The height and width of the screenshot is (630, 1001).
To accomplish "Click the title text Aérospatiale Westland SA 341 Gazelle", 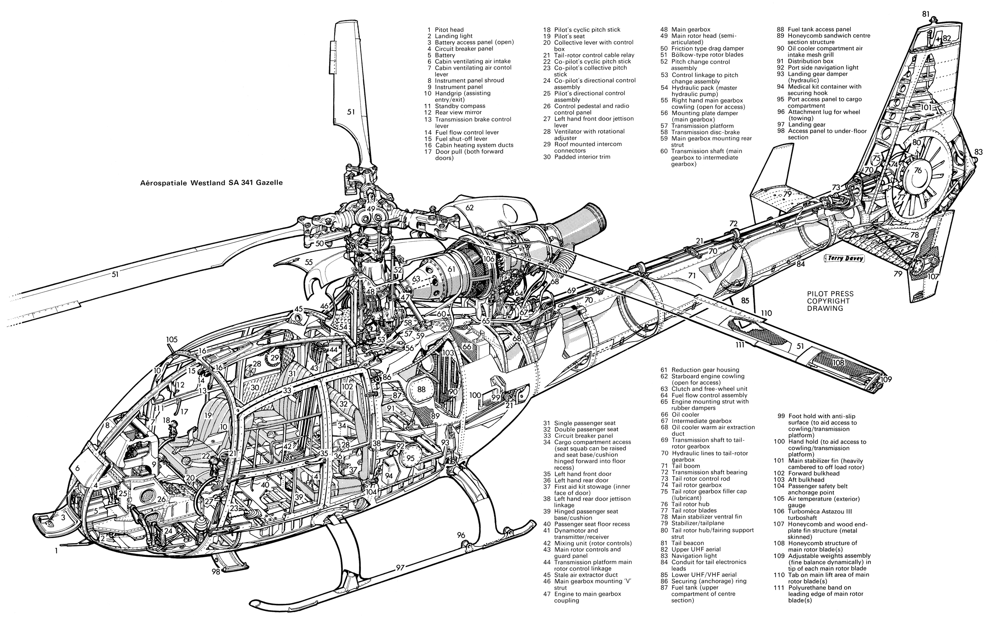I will [x=211, y=183].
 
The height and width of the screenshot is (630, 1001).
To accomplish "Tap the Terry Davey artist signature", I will [x=844, y=258].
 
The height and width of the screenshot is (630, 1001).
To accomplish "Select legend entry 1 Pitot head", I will [x=445, y=30].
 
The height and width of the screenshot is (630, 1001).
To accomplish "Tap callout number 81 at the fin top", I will [x=926, y=14].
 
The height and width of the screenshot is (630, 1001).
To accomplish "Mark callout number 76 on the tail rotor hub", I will [x=918, y=170].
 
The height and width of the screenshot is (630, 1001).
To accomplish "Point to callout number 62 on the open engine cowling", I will [x=470, y=207].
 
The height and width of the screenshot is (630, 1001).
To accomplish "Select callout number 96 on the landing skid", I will [x=460, y=535].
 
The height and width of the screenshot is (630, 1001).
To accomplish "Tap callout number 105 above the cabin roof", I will [x=172, y=340].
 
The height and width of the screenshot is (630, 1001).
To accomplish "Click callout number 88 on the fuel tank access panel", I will [x=422, y=389].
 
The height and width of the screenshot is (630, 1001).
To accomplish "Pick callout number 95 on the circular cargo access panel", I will [x=410, y=458].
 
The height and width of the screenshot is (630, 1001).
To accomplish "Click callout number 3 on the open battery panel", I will [x=63, y=518].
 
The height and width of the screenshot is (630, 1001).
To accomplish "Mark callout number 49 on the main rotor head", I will [x=371, y=208].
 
